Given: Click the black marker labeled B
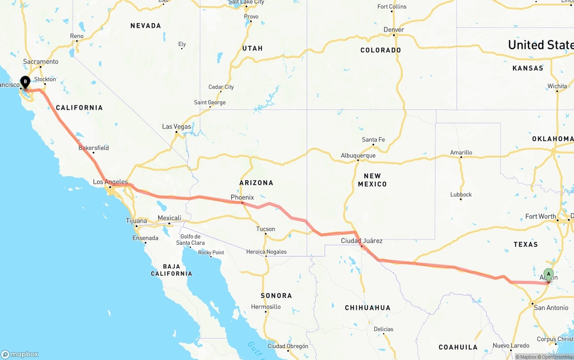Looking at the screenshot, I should [x=26, y=82].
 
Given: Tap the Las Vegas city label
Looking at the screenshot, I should [x=177, y=127].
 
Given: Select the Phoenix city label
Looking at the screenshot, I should [x=242, y=197].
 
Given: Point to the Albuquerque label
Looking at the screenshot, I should [x=358, y=156].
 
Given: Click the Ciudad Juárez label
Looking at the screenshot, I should [x=361, y=241].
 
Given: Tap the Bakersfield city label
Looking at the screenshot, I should [x=94, y=148].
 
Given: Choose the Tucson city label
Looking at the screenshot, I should [x=265, y=229].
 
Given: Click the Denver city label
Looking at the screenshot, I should [x=394, y=30].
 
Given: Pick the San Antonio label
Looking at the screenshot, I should [x=551, y=308].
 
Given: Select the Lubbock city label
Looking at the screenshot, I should [x=461, y=195].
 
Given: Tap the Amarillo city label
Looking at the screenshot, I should [x=461, y=152].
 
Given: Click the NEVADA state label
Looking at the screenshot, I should [x=146, y=26].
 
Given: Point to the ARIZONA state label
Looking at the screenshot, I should [x=256, y=183].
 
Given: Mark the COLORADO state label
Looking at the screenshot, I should [x=381, y=50].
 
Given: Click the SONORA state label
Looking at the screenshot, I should [x=276, y=296].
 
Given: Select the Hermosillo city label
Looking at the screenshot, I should [x=266, y=307].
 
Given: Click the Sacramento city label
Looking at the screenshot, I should [x=41, y=62].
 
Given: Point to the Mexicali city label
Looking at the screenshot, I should [x=170, y=218].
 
